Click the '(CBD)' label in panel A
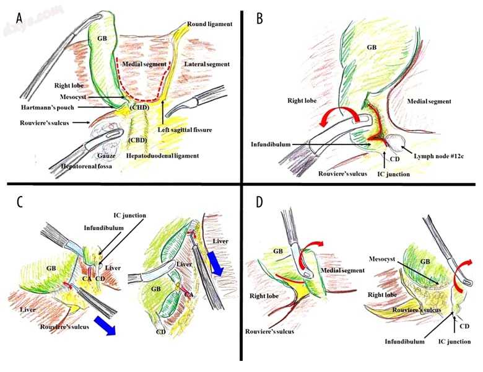(137, 141)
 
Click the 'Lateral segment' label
(207, 64)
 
